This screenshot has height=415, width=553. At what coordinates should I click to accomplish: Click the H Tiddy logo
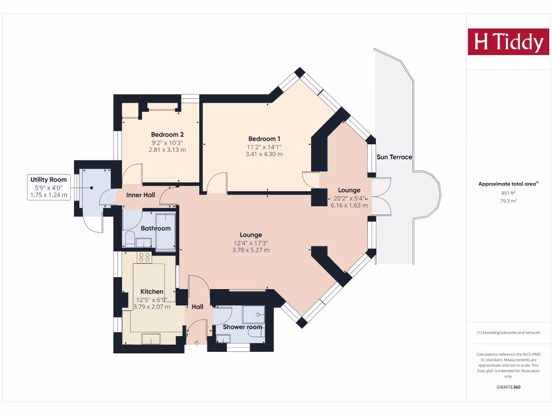point(508,42)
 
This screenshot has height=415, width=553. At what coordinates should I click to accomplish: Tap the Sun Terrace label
point(394,157)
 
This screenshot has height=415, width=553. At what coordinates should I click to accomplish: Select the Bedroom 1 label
point(264,138)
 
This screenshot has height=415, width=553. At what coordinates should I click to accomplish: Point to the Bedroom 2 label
point(167,135)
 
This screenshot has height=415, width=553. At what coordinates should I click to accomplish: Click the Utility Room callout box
point(49,187)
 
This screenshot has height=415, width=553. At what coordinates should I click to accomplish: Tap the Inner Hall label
point(141,195)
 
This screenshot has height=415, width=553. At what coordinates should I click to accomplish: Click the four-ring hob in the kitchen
point(144,257)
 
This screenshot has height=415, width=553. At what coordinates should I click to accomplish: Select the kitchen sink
point(151,338)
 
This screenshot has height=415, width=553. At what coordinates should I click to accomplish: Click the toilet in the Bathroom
point(129,239)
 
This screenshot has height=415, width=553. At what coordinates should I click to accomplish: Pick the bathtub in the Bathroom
point(165,232)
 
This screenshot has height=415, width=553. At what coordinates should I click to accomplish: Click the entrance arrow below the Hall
point(196,342)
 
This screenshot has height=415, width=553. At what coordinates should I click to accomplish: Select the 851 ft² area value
point(508,193)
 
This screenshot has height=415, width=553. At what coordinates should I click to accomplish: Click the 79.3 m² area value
point(508,201)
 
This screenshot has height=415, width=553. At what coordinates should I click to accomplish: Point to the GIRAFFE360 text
point(508,387)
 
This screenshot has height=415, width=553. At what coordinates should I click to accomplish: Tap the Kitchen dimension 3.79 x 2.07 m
point(152,307)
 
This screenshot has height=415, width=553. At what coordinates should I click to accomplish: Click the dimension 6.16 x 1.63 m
point(349,205)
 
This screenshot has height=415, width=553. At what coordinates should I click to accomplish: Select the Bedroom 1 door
point(218,183)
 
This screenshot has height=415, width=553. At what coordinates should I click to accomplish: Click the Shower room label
point(243,327)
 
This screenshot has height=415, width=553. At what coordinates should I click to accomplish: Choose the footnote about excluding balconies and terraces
point(508,332)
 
